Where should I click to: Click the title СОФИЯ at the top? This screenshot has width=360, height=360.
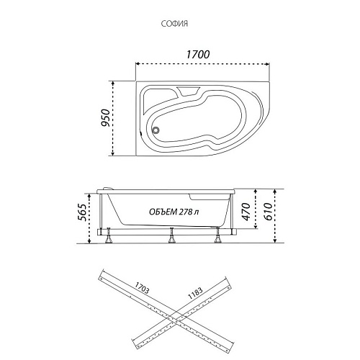[x=174, y=24]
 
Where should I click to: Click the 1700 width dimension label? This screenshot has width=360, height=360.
[x=198, y=55]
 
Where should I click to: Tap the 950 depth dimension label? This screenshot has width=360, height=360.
[x=105, y=117]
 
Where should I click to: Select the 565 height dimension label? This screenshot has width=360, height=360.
[x=81, y=212]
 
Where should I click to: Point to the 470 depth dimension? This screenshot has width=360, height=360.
[x=246, y=212]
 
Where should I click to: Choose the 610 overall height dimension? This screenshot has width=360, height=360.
[x=268, y=212]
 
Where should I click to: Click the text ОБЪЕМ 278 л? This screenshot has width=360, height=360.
[x=174, y=212]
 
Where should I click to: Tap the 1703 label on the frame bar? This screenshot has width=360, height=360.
[x=142, y=287]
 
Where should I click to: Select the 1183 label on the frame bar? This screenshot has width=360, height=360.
[x=195, y=293]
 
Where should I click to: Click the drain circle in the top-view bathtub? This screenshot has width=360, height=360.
[x=156, y=130]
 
